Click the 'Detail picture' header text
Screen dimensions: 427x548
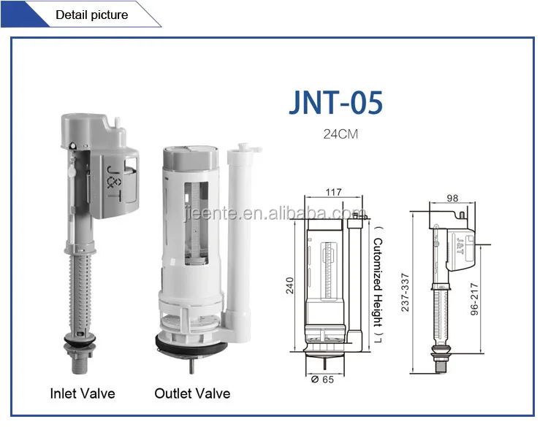(91, 15)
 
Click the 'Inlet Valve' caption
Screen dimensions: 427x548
(83, 393)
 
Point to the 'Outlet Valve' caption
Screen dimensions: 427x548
(192, 393)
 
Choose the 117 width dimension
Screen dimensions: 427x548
(333, 193)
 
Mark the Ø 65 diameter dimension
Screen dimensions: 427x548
(321, 380)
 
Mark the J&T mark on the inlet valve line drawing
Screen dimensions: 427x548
(459, 239)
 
